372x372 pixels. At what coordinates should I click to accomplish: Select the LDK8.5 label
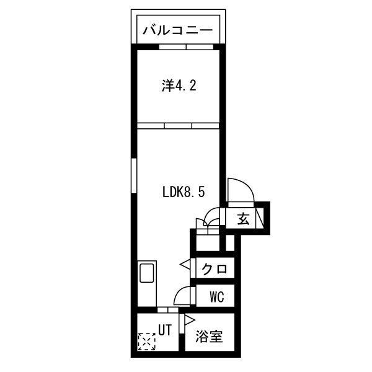(183, 192)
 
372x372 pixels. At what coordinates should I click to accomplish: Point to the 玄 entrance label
(243, 218)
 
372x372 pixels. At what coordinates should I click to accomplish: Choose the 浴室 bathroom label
(210, 338)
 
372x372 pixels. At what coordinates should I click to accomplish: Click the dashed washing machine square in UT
(146, 342)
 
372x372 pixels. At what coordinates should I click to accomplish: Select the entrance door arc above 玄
(239, 189)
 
